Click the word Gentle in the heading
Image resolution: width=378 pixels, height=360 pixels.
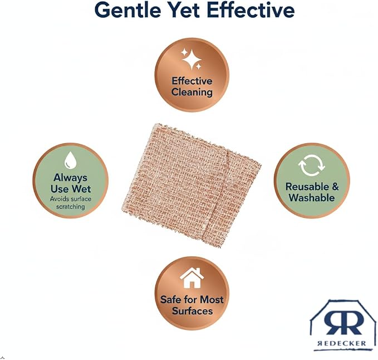(128, 11)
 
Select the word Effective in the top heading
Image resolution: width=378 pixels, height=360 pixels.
(251, 10)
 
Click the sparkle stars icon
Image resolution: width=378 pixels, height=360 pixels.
(192, 59)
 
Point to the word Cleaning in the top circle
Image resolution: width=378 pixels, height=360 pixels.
(192, 92)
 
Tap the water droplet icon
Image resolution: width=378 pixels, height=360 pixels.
(70, 160)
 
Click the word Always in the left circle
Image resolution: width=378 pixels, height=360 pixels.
(70, 178)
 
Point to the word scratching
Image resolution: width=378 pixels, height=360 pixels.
(70, 207)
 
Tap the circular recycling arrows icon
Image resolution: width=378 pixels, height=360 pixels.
(311, 166)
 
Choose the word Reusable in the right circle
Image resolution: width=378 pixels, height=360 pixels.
(307, 187)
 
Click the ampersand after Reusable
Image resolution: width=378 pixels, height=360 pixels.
(335, 187)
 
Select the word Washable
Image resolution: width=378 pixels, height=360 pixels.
(312, 198)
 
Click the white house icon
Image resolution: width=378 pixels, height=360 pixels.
(192, 278)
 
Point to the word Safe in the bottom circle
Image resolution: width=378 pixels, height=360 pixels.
(170, 300)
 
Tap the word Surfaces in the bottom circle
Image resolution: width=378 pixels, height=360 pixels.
(192, 311)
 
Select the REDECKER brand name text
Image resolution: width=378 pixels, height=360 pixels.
(342, 343)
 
